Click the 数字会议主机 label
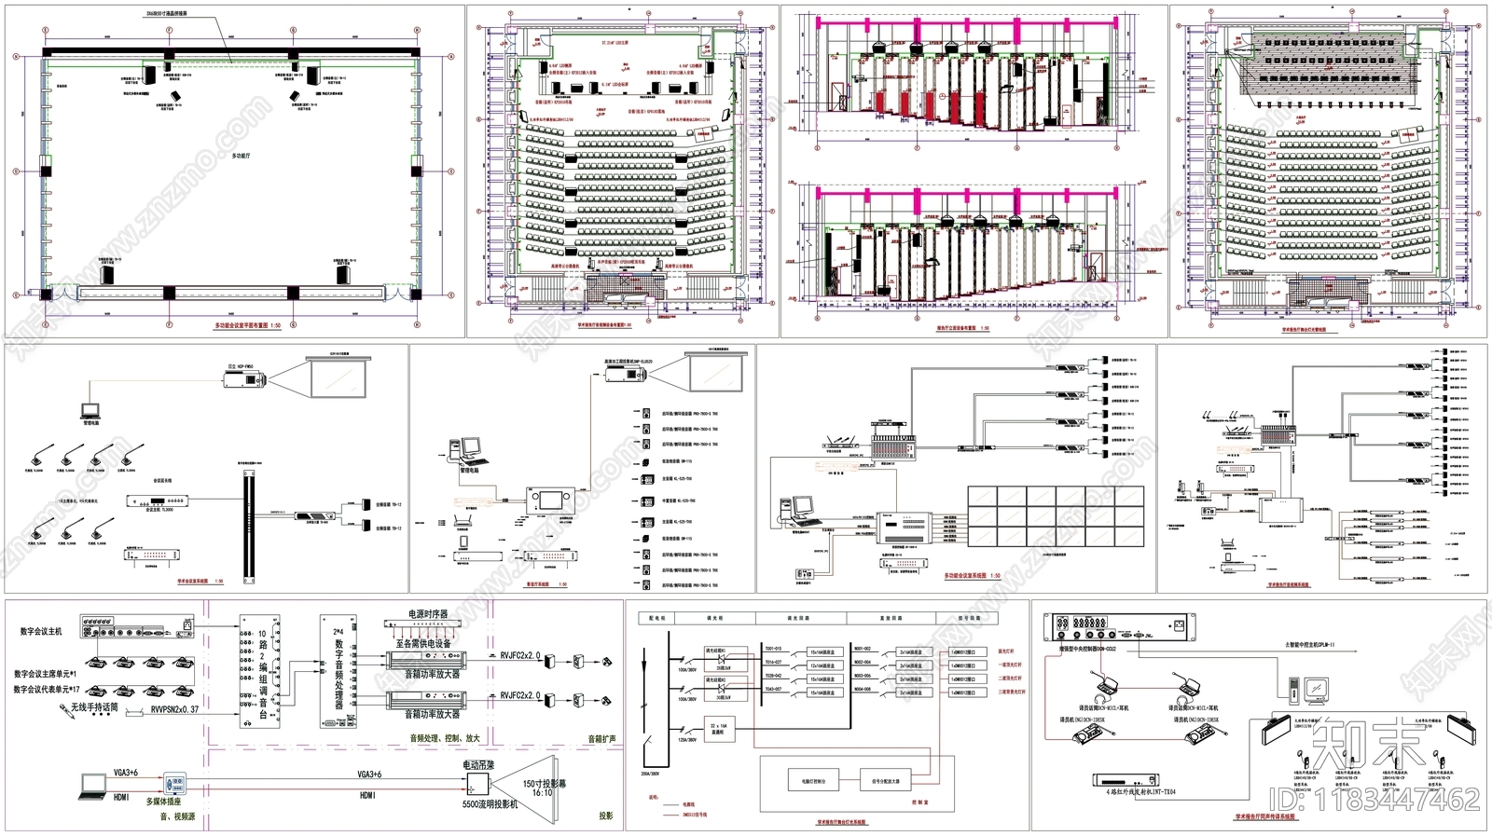point(41,632)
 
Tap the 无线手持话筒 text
point(94,708)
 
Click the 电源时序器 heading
point(428,614)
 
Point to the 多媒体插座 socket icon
point(174,783)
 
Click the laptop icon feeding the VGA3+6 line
point(94,785)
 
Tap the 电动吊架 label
point(479,765)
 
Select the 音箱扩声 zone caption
point(601,738)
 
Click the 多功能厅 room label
point(242,157)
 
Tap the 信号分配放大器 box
point(886,781)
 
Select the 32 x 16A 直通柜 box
point(718,729)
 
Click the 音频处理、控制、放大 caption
point(444,738)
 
